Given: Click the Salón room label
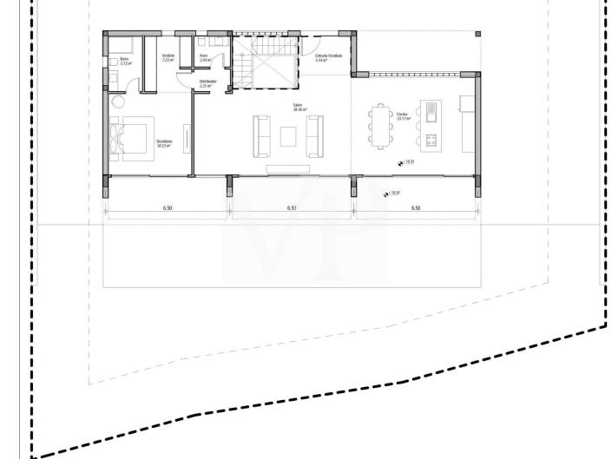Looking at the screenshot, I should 297,108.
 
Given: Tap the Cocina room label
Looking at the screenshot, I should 402,115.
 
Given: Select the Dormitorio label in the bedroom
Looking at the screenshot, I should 164,141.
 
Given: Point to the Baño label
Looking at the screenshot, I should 125,61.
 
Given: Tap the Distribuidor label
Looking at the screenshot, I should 206,84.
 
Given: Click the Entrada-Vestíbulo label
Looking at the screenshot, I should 328,56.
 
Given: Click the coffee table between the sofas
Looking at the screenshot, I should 288,135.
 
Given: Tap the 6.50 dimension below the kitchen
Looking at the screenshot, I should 415,208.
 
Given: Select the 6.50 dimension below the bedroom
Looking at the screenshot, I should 166,208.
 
